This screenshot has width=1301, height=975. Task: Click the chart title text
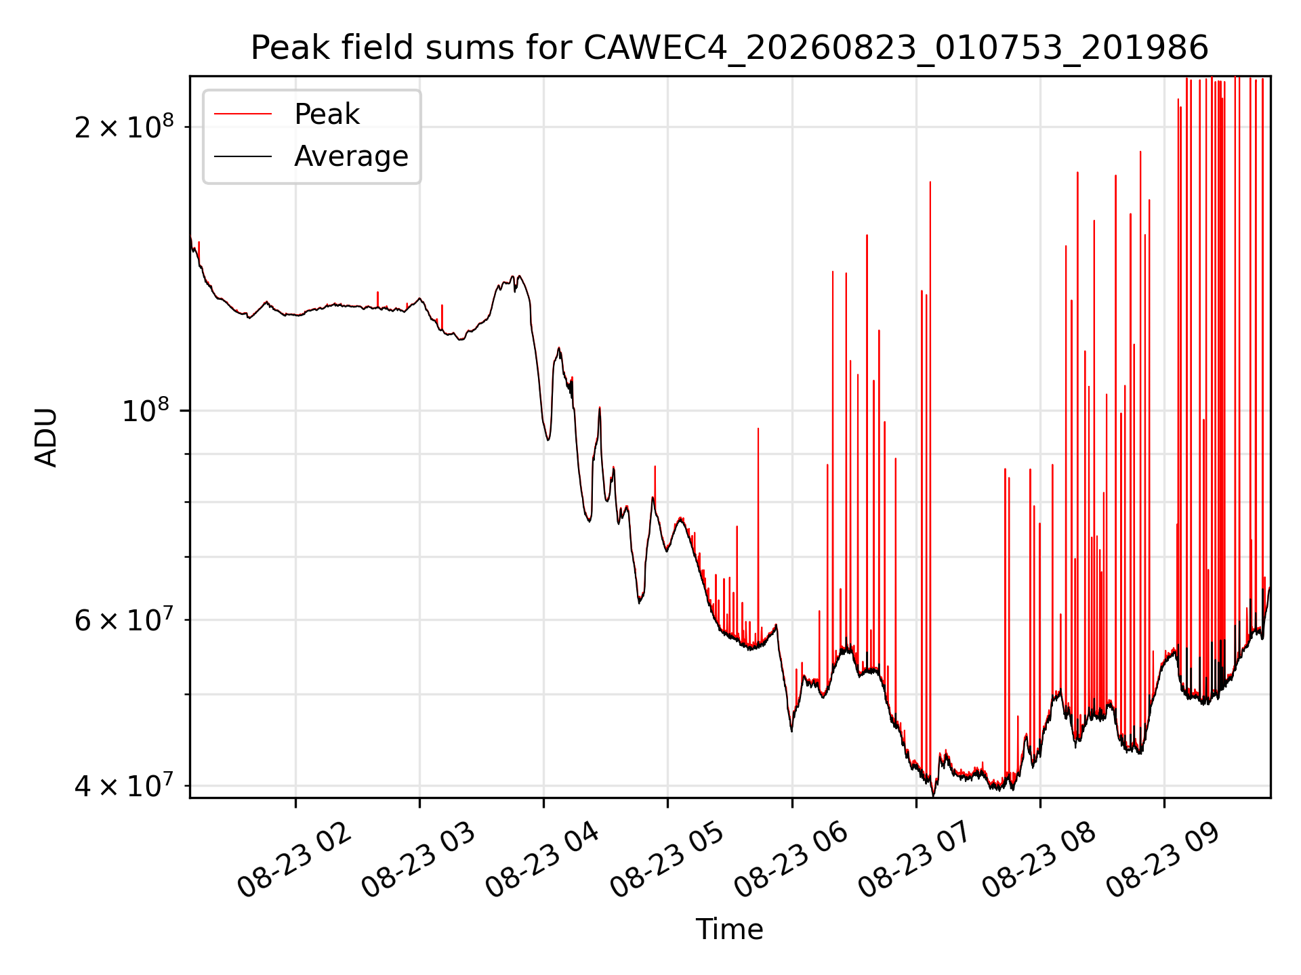(x=730, y=48)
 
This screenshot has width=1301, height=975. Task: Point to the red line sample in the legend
(x=243, y=114)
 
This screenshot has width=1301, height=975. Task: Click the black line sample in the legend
(x=243, y=156)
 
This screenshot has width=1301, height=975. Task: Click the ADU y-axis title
(x=46, y=437)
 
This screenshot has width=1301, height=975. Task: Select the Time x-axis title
(x=730, y=930)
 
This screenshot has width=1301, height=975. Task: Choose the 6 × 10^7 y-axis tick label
(x=124, y=619)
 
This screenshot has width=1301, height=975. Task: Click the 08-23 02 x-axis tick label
(x=294, y=861)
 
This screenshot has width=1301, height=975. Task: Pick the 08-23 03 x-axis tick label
(x=418, y=861)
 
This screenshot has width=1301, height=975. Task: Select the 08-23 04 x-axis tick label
(x=543, y=861)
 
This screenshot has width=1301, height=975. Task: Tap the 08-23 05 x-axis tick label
(x=667, y=861)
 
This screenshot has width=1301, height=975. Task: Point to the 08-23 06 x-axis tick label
(x=791, y=861)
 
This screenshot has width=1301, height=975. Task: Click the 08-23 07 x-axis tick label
(x=915, y=861)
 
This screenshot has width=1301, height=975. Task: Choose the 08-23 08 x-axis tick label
(x=1039, y=861)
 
